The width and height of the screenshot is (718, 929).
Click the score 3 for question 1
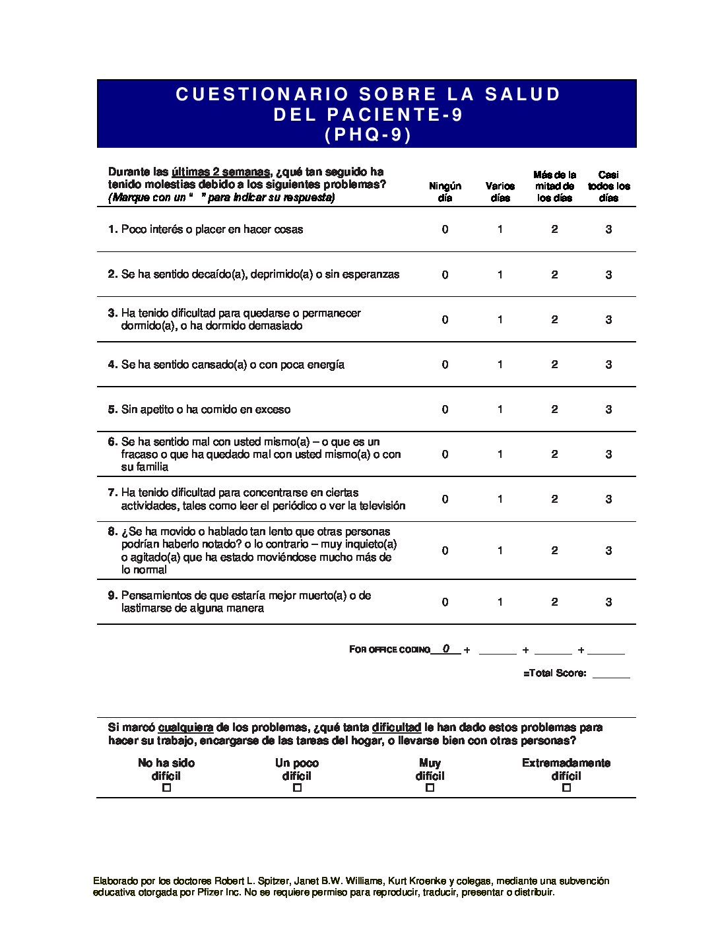pos(608,230)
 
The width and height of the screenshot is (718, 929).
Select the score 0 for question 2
pos(445,274)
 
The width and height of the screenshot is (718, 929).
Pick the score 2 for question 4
pos(554,364)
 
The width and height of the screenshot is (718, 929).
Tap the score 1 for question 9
pos(500,602)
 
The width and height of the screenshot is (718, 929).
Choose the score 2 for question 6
pos(554,454)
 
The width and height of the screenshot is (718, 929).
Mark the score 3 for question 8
pos(608,550)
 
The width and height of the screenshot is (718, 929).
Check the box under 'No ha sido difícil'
pos(166,787)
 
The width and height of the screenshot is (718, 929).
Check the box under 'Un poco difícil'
pos(297,787)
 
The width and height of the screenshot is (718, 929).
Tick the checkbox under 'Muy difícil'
pos(430,787)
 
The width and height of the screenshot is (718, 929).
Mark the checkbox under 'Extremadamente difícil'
pos(566,787)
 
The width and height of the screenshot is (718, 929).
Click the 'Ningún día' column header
pos(445,192)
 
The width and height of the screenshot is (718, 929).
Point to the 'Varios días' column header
pos(500,192)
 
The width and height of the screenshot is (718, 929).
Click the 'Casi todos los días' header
pos(608,186)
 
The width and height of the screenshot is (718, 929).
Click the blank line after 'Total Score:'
pos(611,674)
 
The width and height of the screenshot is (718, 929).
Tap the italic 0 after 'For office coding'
pos(446,649)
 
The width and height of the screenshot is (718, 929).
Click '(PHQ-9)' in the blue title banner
pos(368,135)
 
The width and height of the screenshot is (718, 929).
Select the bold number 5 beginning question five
pos(112,409)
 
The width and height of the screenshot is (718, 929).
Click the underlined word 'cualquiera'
pos(185,727)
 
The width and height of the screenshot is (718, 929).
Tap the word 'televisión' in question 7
pos(381,505)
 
